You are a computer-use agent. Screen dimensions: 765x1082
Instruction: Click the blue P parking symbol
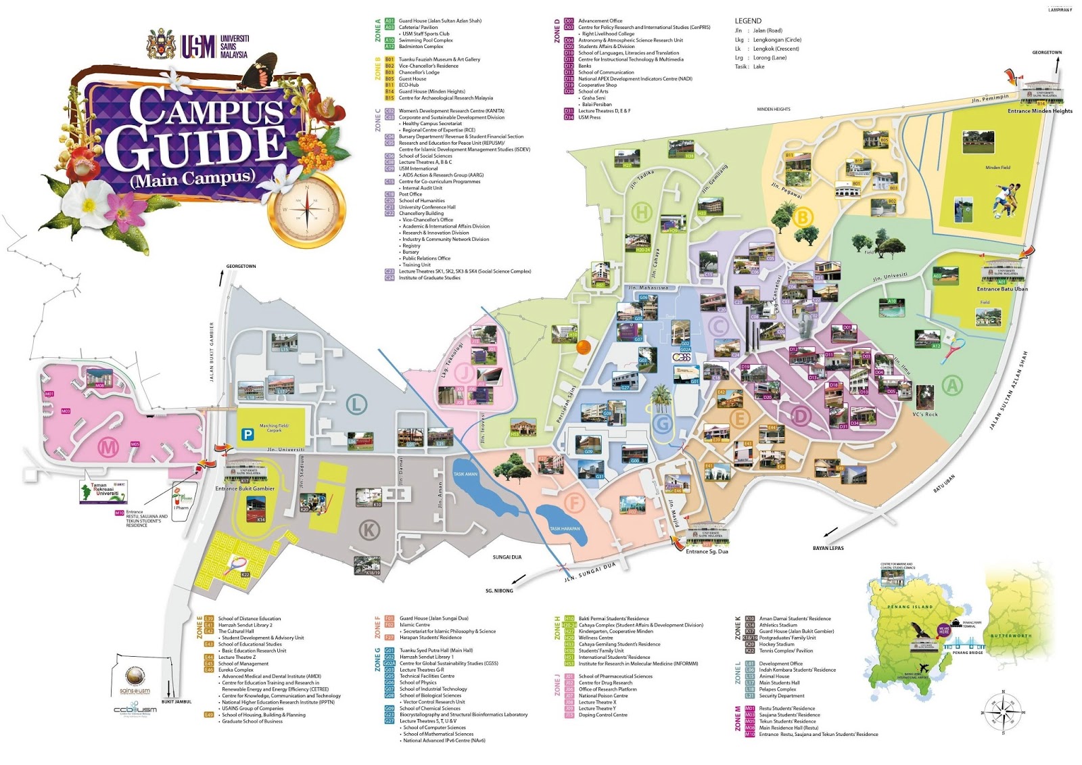pyautogui.click(x=248, y=435)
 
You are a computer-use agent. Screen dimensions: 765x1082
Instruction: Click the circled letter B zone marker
pyautogui.click(x=803, y=218)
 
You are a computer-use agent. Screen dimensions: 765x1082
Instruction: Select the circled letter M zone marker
pyautogui.click(x=108, y=446)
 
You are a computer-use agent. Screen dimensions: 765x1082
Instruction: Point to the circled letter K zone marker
pyautogui.click(x=369, y=530)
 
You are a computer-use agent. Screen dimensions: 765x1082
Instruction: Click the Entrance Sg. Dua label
pyautogui.click(x=707, y=551)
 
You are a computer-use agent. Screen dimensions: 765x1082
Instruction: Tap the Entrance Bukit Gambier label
pyautogui.click(x=245, y=488)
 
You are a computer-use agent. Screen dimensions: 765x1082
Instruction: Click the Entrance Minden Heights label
pyautogui.click(x=1039, y=111)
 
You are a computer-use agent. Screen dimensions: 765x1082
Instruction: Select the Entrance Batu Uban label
pyautogui.click(x=1002, y=289)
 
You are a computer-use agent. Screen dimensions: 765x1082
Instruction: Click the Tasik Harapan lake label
pyautogui.click(x=564, y=529)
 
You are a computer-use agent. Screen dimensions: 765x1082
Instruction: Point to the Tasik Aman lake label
pyautogui.click(x=465, y=474)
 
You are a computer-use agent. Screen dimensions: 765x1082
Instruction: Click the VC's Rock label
pyautogui.click(x=924, y=415)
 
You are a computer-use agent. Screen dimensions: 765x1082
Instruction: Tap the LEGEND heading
pyautogui.click(x=748, y=21)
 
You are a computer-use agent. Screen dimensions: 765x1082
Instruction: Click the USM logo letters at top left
pyautogui.click(x=197, y=46)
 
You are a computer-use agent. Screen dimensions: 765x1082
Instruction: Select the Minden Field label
pyautogui.click(x=997, y=168)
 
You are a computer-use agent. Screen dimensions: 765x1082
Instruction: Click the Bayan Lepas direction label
pyautogui.click(x=828, y=548)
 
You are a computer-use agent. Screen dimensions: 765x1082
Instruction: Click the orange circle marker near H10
pyautogui.click(x=582, y=347)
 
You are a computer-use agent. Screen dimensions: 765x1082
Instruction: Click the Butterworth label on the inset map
pyautogui.click(x=1011, y=636)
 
